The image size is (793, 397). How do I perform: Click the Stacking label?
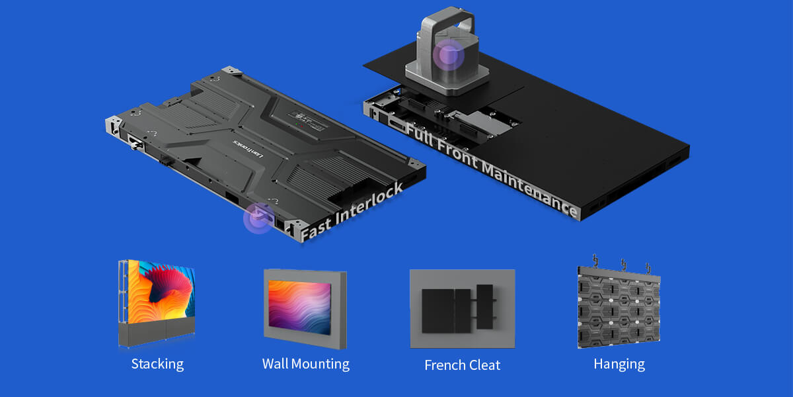(157, 365)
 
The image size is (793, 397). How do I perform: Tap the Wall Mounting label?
(306, 365)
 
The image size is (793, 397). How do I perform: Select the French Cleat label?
(463, 365)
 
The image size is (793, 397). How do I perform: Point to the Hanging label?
(619, 365)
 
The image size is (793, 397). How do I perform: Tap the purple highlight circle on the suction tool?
(449, 55)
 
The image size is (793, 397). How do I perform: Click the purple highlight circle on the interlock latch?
(259, 218)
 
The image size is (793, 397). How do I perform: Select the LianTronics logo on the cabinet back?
(248, 148)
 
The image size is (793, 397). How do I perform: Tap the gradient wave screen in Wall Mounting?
(299, 307)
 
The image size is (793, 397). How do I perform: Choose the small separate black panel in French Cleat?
(484, 306)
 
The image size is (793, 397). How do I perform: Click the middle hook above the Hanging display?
(623, 265)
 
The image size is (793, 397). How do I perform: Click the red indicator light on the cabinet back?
(301, 126)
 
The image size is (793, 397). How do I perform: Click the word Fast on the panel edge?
(317, 230)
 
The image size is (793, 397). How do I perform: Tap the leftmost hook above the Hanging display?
(595, 260)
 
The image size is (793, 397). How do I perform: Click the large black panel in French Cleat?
(446, 311)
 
